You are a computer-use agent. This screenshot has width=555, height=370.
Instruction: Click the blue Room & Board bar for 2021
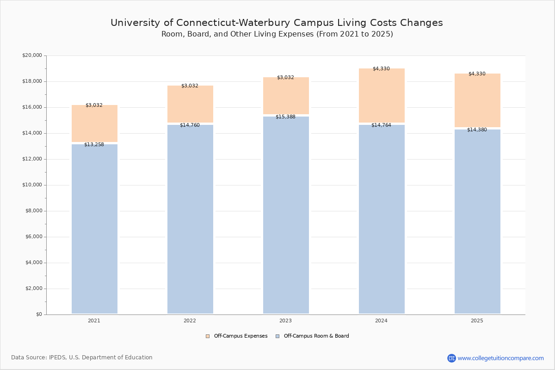[x=94, y=229]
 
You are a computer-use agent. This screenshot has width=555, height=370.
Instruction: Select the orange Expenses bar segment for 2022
[x=190, y=104]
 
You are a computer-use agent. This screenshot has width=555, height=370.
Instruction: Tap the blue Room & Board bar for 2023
[x=286, y=215]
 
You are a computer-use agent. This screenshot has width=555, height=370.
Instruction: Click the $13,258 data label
[x=94, y=145]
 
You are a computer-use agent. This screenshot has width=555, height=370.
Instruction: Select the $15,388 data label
[x=285, y=117]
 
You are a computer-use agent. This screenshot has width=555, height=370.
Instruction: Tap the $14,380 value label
[x=477, y=130]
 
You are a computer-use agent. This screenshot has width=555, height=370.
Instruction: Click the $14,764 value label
[x=381, y=125]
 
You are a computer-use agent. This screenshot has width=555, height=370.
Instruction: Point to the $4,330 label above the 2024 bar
[x=381, y=69]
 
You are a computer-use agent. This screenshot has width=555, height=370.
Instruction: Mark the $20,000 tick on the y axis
[x=32, y=55]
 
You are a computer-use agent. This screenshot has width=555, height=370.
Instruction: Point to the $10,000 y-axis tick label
[x=32, y=185]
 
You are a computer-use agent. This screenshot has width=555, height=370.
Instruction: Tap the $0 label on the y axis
[x=38, y=314]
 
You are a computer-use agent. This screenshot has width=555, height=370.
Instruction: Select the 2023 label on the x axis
[x=285, y=321]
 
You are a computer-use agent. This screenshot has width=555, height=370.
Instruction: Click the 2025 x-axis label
[x=477, y=321]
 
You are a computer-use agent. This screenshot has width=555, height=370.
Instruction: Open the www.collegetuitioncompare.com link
[x=500, y=358]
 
